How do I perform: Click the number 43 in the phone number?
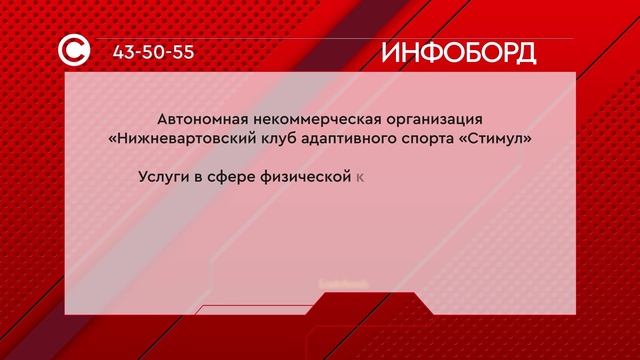coord(126,50)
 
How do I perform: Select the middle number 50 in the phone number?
coord(156,50)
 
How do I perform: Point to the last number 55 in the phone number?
coord(185,50)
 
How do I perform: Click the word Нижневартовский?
coord(180,138)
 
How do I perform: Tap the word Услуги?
coord(163,177)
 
